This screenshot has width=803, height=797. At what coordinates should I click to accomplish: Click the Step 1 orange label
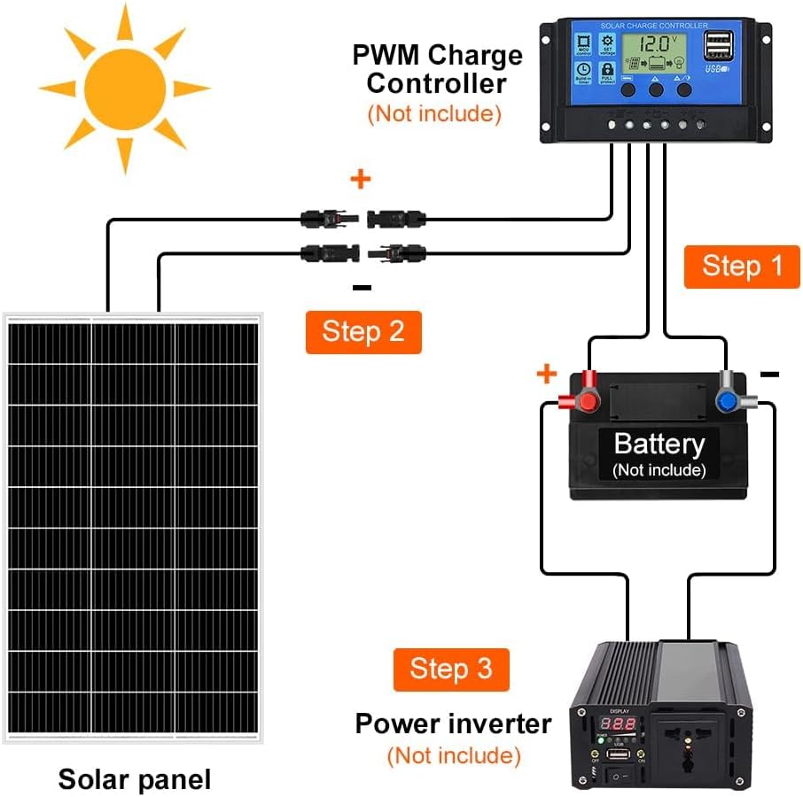tap(742, 267)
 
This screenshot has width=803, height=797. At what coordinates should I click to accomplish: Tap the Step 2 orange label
tap(363, 332)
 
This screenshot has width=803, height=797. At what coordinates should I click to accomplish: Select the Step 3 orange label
tap(450, 669)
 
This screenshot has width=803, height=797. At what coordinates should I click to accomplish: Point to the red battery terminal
tap(587, 401)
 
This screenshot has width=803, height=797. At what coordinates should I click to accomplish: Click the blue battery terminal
tap(727, 401)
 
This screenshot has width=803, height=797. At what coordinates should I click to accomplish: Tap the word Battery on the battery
tap(659, 444)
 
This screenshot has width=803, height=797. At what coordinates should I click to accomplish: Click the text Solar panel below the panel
tap(135, 779)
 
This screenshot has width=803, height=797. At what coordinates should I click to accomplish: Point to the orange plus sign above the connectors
tap(360, 181)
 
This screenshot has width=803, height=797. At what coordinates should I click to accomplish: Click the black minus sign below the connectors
tap(362, 287)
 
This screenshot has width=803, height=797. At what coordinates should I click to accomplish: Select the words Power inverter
tap(453, 723)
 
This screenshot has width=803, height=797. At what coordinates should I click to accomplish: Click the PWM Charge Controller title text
tap(437, 69)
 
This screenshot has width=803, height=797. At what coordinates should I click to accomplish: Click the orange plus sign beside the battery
tap(545, 375)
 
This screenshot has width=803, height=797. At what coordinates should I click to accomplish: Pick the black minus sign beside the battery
tap(769, 375)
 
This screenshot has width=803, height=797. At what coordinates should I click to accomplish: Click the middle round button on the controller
tap(656, 89)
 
